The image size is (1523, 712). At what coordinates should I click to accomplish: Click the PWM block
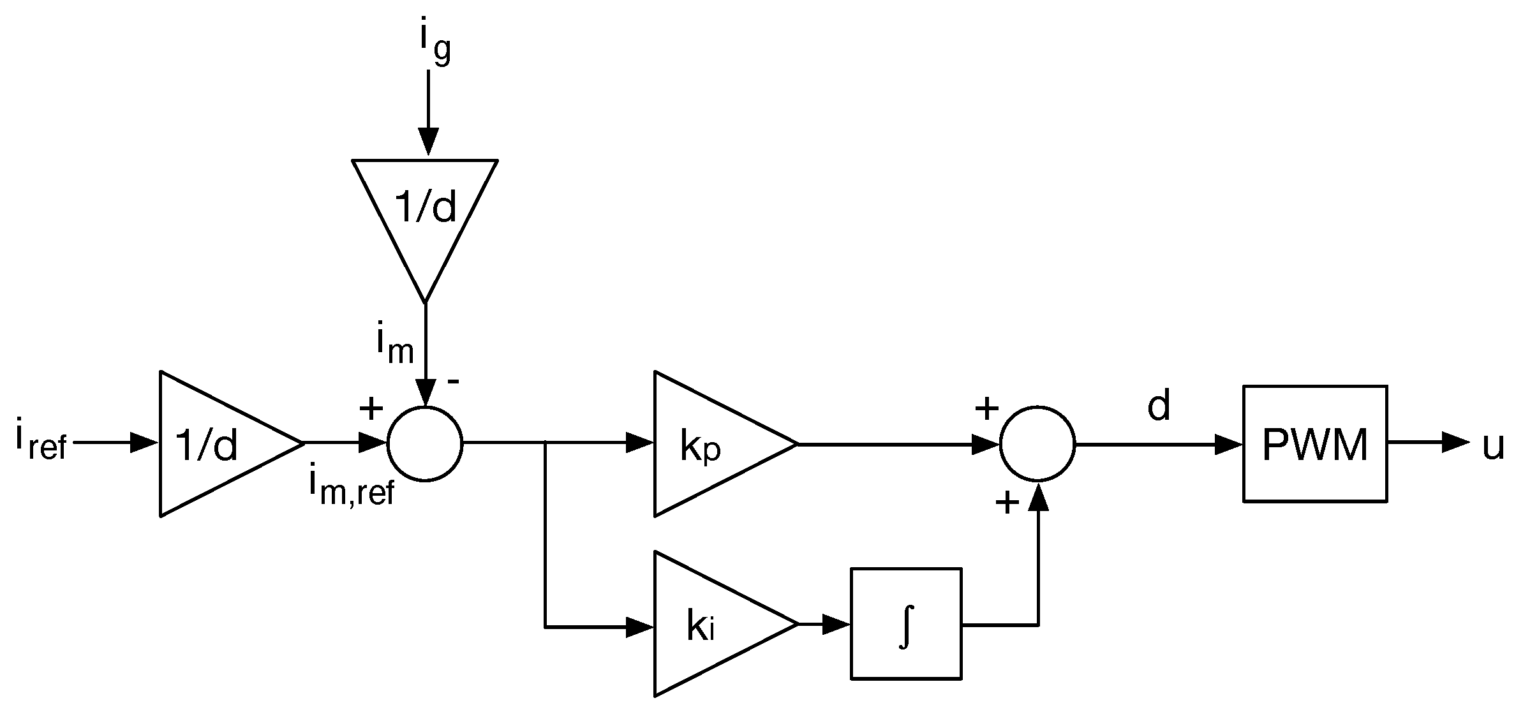pyautogui.click(x=1314, y=444)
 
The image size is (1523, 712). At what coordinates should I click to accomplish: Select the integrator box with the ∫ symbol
pyautogui.click(x=905, y=623)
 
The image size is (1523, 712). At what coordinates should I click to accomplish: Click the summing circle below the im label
pyautogui.click(x=425, y=444)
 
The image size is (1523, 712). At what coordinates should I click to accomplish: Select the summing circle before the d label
pyautogui.click(x=1037, y=444)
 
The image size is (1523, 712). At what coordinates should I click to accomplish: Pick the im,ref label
pyautogui.click(x=352, y=487)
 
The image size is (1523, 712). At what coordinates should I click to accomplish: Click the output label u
pyautogui.click(x=1494, y=445)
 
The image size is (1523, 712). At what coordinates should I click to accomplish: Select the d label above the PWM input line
pyautogui.click(x=1159, y=406)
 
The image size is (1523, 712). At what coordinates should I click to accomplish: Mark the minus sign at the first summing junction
pyautogui.click(x=453, y=382)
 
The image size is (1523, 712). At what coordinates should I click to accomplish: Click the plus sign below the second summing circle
pyautogui.click(x=1007, y=503)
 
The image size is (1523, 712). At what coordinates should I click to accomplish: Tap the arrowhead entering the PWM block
pyautogui.click(x=1228, y=444)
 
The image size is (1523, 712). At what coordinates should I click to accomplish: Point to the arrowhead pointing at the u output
pyautogui.click(x=1455, y=442)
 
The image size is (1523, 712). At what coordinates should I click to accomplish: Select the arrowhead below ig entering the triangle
pyautogui.click(x=428, y=140)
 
